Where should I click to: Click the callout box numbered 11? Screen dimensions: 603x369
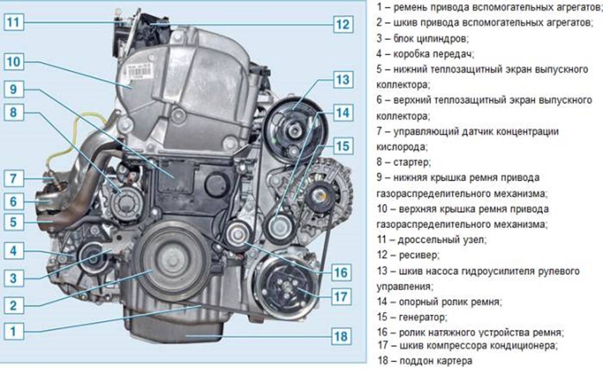14,22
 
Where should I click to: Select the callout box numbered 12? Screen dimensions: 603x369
343,24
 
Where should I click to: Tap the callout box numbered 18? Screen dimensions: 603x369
341,336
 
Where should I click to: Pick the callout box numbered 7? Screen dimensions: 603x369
14,179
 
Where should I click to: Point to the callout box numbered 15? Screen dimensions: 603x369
343,146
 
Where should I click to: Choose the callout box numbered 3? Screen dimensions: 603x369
14,278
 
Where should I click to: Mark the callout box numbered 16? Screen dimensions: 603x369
341,273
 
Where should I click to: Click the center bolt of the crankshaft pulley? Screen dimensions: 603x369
172,261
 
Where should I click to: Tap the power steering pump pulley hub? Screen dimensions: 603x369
295,131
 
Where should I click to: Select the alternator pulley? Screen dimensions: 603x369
320,196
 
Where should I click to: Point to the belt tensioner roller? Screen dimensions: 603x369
237,235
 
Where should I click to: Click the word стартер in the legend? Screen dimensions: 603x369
412,162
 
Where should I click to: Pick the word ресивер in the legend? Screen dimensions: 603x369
419,255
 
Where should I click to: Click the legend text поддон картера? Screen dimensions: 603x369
436,361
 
